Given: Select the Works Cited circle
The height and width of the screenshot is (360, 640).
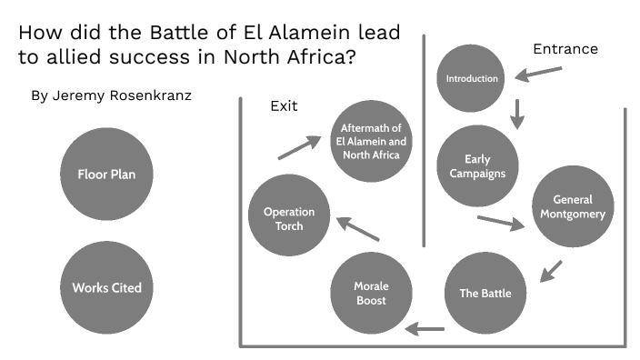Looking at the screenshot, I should coord(106,288).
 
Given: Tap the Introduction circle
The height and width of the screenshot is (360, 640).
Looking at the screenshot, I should coord(472,78).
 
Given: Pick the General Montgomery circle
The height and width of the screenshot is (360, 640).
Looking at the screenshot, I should coord(573,206).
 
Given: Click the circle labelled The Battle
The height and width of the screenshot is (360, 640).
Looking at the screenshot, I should coord(485,293).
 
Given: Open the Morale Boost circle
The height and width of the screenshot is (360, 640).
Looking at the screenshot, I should coord(370,293).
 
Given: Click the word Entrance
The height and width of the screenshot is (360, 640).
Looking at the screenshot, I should coord(565,49).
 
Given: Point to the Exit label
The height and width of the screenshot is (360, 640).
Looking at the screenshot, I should coord(284,106).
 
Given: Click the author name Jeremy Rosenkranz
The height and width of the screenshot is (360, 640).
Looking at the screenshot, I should coord(113,95).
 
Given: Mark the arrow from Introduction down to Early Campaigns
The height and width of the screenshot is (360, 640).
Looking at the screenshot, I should coord(518,113).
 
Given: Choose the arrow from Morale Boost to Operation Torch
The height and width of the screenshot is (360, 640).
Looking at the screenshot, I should coord(357,227).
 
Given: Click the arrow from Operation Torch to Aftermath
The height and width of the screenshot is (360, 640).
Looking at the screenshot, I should coord(299,147).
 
